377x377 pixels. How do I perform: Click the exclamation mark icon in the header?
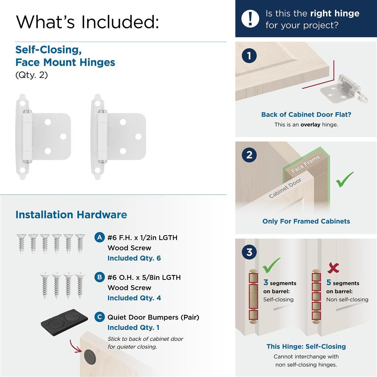click(250, 18)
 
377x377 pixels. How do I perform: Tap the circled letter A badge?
click(99, 237)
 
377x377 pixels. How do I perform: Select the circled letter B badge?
click(99, 277)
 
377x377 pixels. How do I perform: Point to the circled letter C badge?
click(99, 317)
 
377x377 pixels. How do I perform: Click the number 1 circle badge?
click(249, 56)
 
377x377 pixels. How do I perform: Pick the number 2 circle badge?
click(249, 155)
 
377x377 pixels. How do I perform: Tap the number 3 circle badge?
click(249, 253)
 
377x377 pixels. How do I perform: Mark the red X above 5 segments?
click(333, 268)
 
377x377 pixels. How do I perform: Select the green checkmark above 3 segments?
click(271, 265)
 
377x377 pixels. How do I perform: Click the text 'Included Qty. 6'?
click(134, 258)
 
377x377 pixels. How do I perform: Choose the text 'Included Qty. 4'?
click(134, 298)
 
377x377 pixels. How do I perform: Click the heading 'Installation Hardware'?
click(71, 215)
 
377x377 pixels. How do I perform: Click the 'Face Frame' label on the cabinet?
click(305, 164)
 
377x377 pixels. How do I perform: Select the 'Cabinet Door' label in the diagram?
click(285, 188)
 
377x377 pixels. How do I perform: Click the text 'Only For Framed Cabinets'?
click(306, 221)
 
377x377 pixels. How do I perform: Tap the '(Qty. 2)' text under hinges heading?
click(32, 75)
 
